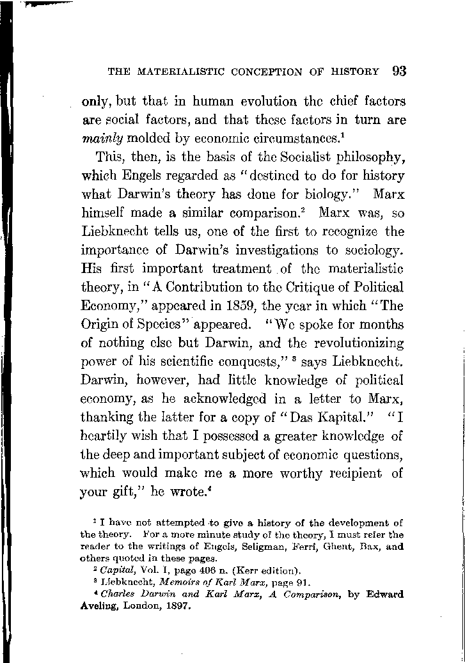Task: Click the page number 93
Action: point(399,70)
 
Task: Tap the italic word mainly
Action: point(103,137)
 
